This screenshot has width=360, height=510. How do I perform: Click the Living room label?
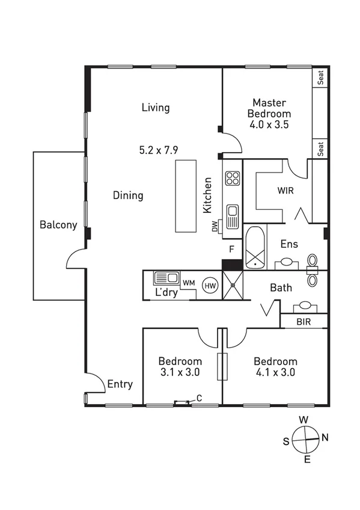point(156,108)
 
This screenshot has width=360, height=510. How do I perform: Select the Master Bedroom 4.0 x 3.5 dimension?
point(271,125)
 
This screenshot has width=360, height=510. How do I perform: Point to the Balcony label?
point(58,225)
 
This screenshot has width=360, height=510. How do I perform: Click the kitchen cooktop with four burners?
point(233,178)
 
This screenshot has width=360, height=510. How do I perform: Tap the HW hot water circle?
point(210,285)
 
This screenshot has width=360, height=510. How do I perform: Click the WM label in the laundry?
point(189,282)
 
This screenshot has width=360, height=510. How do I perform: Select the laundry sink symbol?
point(166,278)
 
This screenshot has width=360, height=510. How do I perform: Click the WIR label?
point(285,191)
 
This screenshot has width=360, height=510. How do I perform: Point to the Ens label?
point(290,244)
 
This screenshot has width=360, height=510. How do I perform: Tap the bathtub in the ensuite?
point(255,247)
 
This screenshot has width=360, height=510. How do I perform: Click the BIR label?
point(304,322)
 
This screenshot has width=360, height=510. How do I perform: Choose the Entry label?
point(120,384)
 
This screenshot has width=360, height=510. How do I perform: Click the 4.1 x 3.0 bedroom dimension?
point(275,372)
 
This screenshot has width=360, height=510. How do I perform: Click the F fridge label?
point(231,248)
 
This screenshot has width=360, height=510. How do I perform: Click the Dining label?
point(128,195)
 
